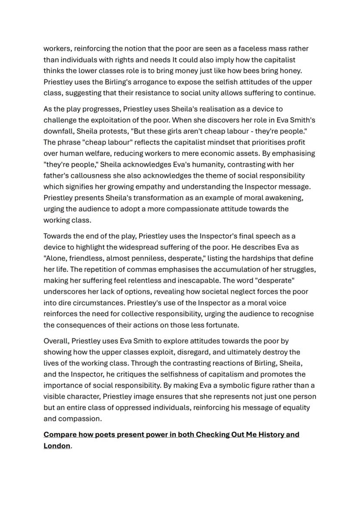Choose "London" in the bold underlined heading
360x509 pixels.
(57, 446)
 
